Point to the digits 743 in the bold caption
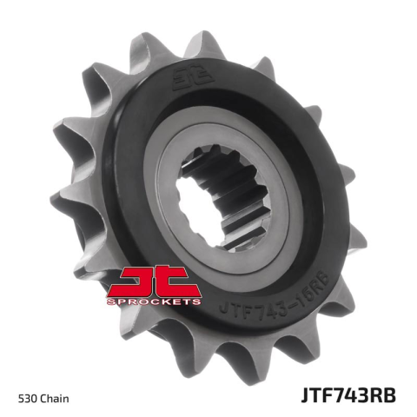click(349, 395)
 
